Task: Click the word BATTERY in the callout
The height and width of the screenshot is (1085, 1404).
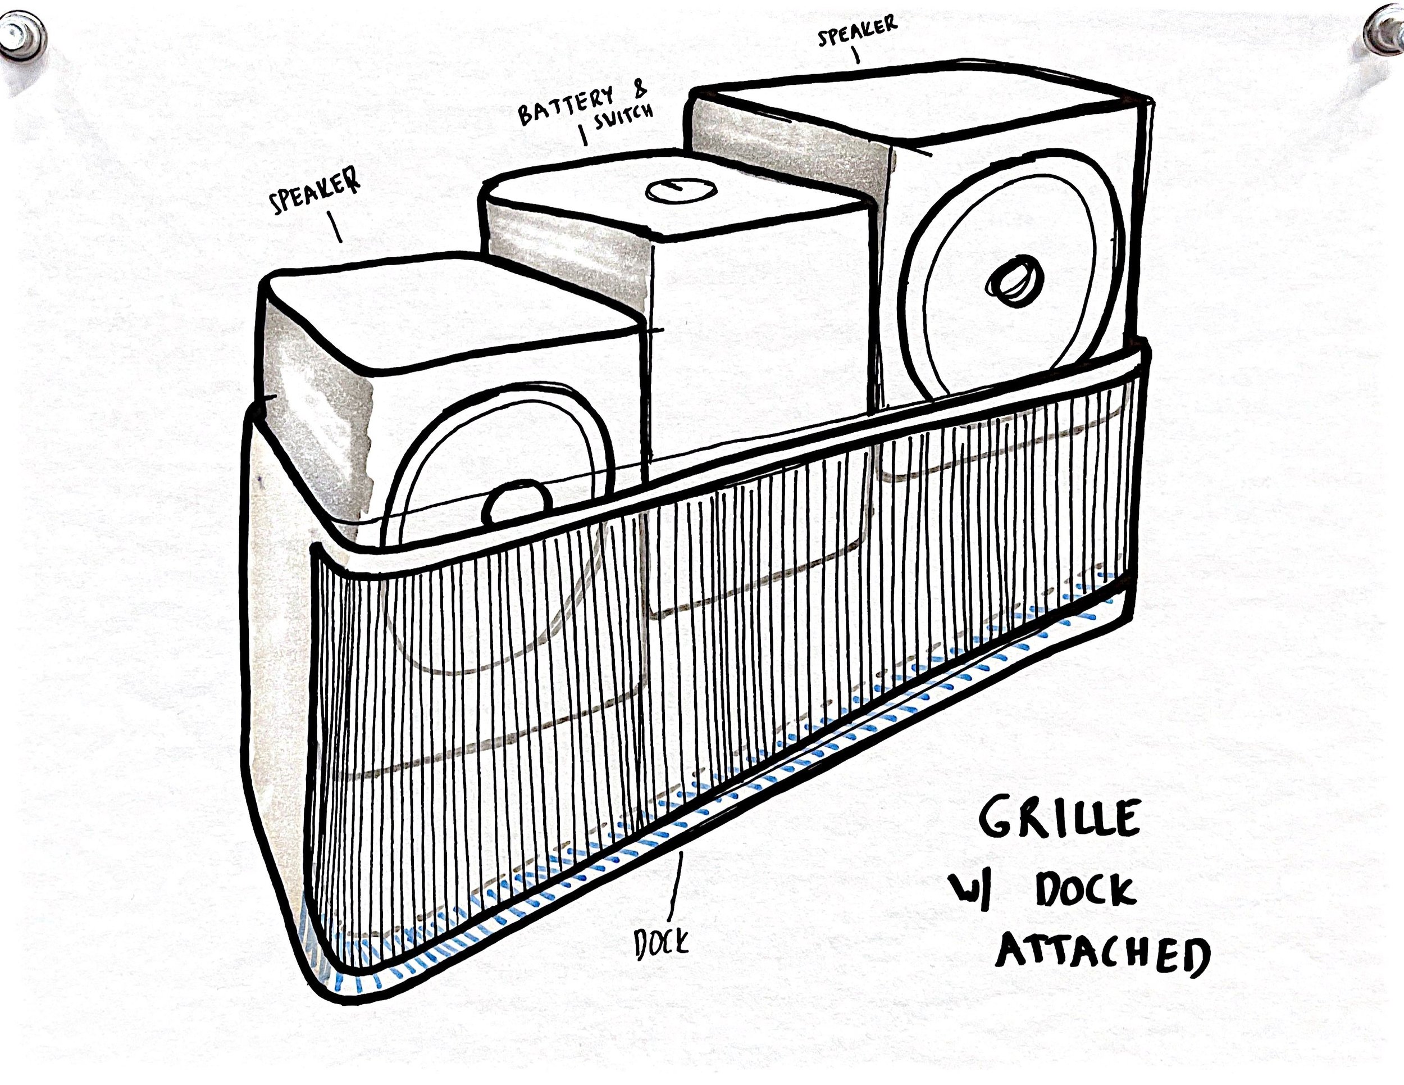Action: click(x=566, y=106)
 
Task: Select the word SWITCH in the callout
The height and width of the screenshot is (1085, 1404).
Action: click(x=623, y=116)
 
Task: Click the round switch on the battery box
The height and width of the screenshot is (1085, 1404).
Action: click(x=680, y=190)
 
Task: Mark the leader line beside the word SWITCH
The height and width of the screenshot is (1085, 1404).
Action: click(x=584, y=134)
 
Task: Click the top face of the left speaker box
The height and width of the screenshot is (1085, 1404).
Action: click(x=450, y=315)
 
